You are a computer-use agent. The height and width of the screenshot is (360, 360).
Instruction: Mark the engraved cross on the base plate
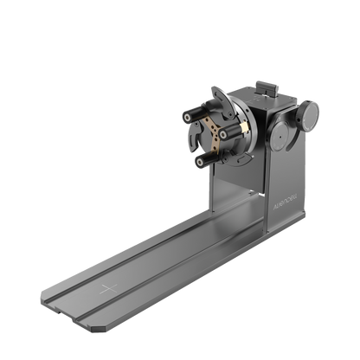pos(105,286)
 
